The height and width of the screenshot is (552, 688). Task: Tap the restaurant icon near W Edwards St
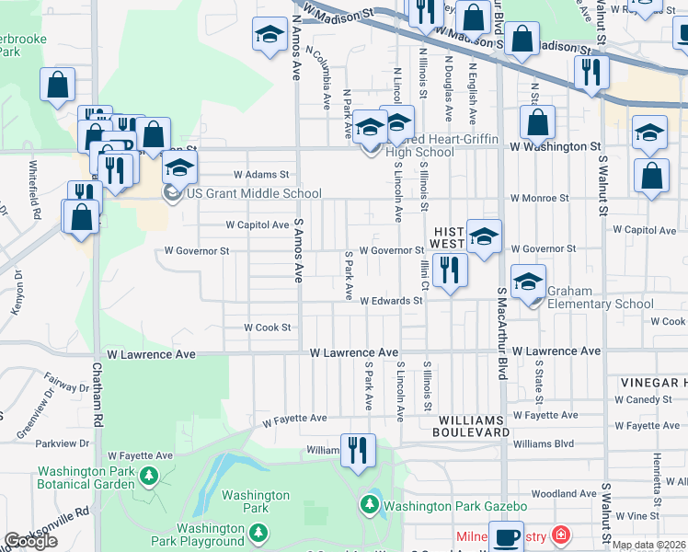tap(450, 272)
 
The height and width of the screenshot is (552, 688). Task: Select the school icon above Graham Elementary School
tap(529, 282)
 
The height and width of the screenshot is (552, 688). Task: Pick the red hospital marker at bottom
tap(560, 535)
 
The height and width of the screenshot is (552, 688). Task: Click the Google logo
tap(30, 541)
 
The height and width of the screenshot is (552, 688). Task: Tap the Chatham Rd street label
tap(96, 396)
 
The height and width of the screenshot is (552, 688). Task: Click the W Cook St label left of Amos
tap(267, 328)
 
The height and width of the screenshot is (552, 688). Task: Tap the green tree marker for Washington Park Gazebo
tap(369, 504)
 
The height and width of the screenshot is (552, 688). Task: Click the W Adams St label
tap(260, 174)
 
